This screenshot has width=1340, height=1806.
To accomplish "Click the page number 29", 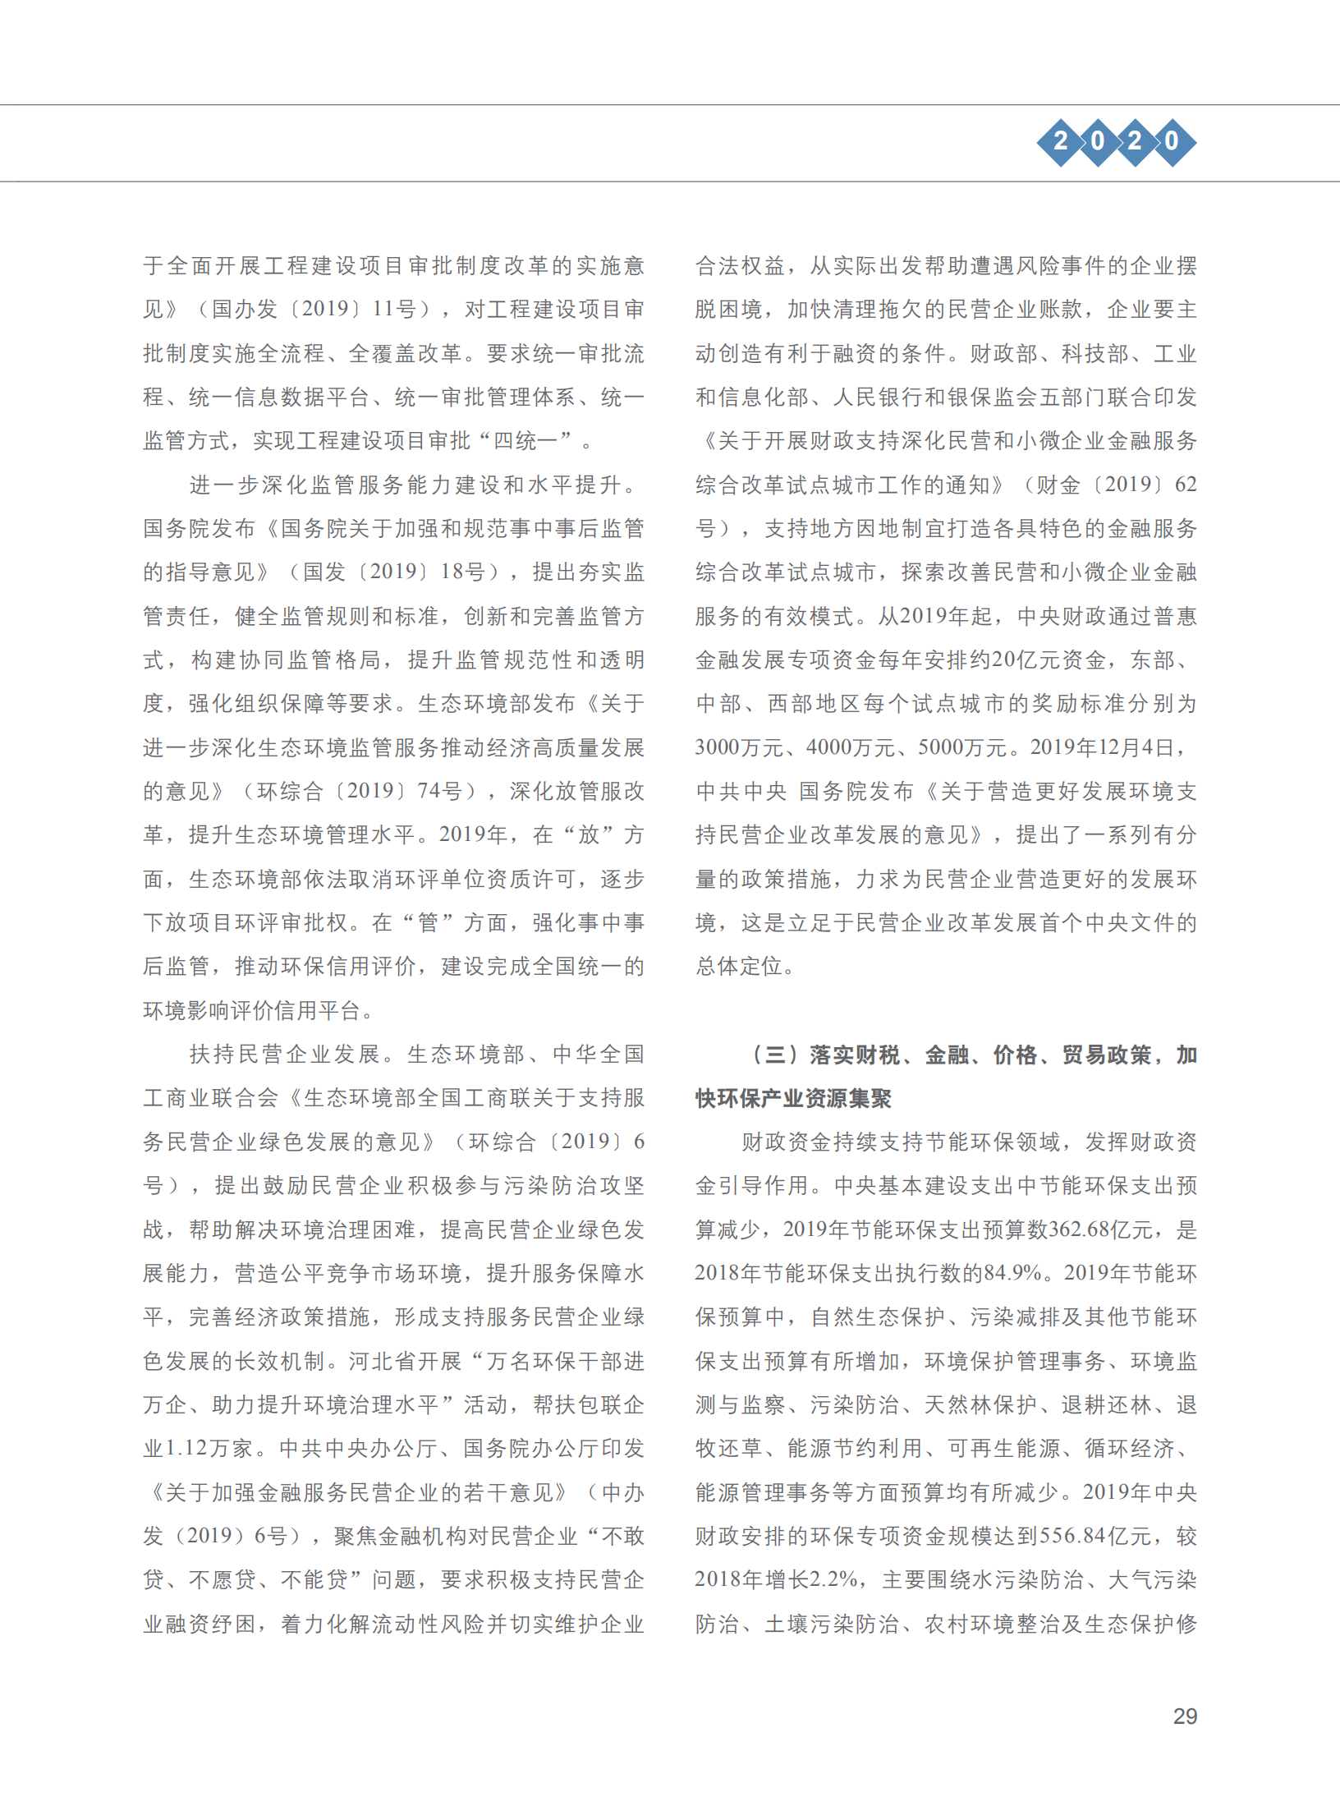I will [x=1185, y=1716].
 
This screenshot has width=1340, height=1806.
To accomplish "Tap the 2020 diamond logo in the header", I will [x=1116, y=141].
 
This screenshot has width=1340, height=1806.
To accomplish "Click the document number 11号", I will [x=394, y=310].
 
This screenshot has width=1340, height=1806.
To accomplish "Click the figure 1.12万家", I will [x=209, y=1448].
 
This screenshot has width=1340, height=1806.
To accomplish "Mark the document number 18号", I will [x=462, y=572].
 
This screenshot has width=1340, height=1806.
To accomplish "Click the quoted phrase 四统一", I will [x=532, y=441].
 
